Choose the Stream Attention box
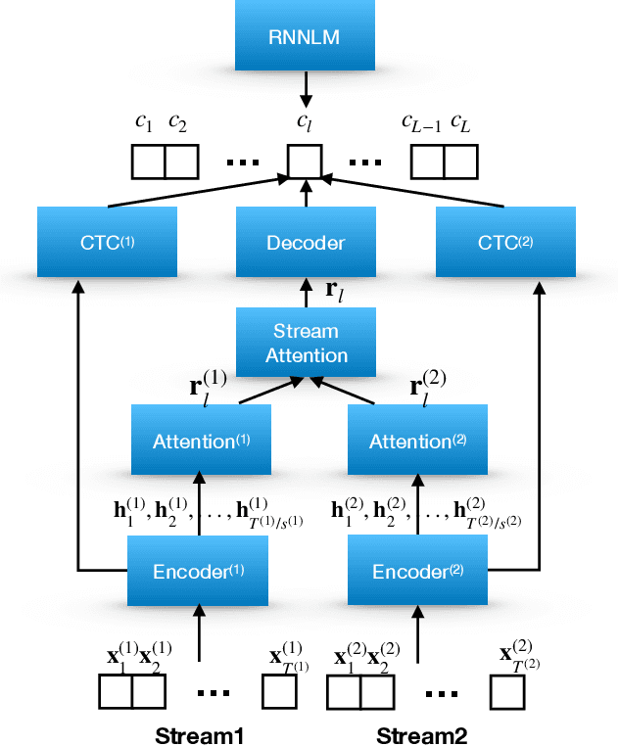[x=307, y=342]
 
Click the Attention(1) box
[x=201, y=442]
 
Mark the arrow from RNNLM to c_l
[x=307, y=93]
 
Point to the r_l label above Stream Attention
[x=335, y=292]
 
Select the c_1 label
[x=143, y=123]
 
